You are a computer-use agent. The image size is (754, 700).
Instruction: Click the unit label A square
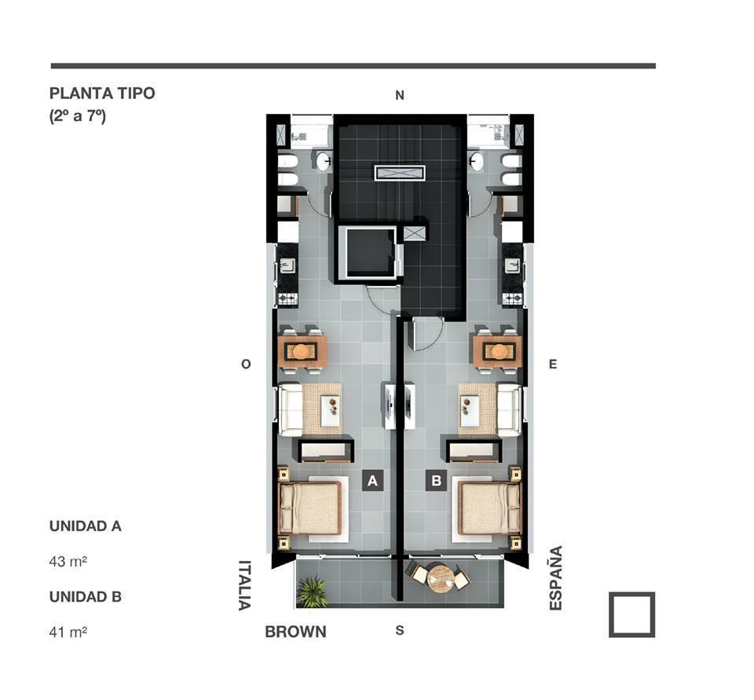pos(372,480)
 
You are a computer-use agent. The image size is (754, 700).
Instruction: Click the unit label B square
pos(436,480)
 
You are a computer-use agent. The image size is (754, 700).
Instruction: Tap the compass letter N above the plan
pos(400,95)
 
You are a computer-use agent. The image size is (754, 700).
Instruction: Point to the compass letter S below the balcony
pos(400,630)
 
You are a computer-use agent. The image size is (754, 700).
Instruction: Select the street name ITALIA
pos(245,585)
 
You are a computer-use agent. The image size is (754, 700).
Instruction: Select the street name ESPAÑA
pos(556,577)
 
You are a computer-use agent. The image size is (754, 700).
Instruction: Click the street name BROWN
pos(296,632)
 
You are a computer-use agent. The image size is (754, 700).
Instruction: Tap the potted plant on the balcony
pos(313,592)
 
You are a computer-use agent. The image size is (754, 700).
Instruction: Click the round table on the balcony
pos(440,579)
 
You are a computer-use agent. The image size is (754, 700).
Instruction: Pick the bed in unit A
pos(311,509)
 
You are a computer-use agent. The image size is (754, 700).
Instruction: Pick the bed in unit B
pos(489,509)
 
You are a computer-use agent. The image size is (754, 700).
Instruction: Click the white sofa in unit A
pos(291,409)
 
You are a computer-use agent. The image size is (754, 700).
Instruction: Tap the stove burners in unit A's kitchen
pos(288,299)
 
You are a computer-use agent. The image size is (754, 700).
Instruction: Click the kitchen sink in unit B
pos(513,265)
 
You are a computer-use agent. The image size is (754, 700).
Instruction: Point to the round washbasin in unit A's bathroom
pos(324,160)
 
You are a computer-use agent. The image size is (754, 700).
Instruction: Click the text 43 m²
pos(68,562)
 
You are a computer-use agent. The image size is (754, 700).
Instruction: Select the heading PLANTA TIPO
pos(102,93)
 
